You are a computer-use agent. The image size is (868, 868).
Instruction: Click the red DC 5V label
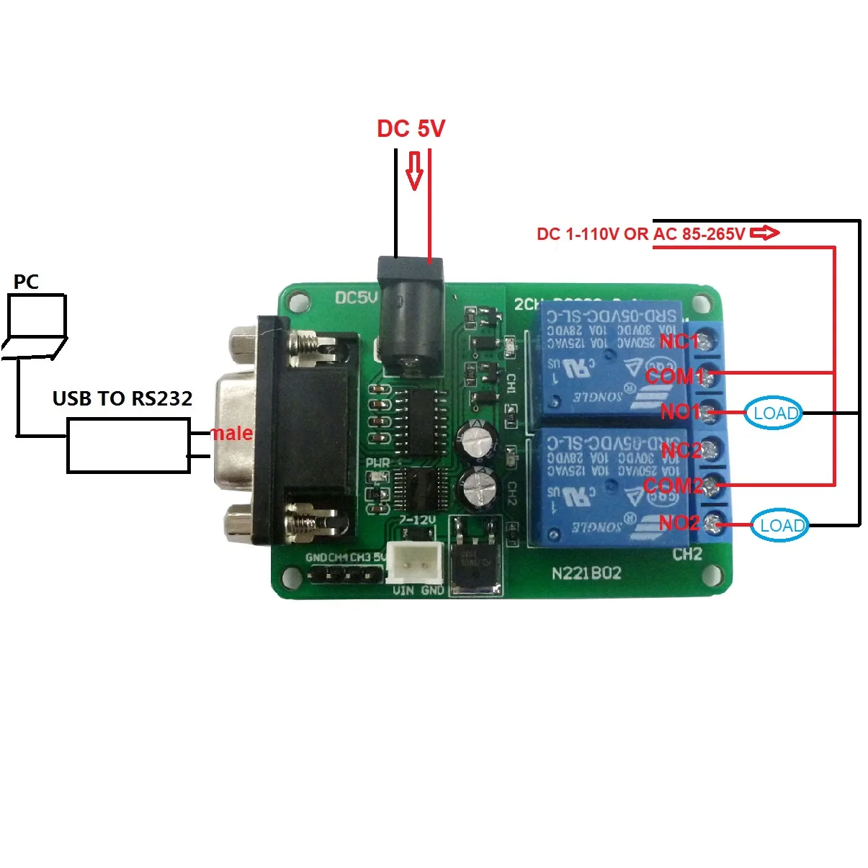pos(411,129)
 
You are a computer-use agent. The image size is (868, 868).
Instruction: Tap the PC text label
pos(26,282)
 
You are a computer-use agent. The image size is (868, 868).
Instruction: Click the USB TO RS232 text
pos(122,398)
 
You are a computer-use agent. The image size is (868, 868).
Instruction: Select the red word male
pos(232,434)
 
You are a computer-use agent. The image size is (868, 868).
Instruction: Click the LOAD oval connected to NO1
pos(773,413)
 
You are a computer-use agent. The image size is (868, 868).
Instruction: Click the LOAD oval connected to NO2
pos(780,525)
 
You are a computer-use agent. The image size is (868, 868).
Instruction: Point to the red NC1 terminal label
pos(679,341)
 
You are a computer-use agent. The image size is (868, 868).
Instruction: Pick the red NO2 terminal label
pos(679,522)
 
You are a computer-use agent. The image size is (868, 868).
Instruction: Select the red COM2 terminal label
pos(673,486)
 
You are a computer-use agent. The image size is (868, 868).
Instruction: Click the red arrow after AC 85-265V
pos(764,233)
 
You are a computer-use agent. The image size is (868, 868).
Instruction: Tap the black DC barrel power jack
pos(411,317)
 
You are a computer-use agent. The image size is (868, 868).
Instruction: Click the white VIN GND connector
pos(415,563)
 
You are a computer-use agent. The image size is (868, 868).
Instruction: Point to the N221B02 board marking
pos(586,573)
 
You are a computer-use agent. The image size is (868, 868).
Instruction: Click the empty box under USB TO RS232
pos(128,447)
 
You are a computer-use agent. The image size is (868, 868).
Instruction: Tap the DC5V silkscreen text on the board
pos(356,297)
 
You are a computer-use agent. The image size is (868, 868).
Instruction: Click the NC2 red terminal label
pos(681,451)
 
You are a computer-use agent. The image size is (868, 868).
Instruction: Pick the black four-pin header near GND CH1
pos(345,575)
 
